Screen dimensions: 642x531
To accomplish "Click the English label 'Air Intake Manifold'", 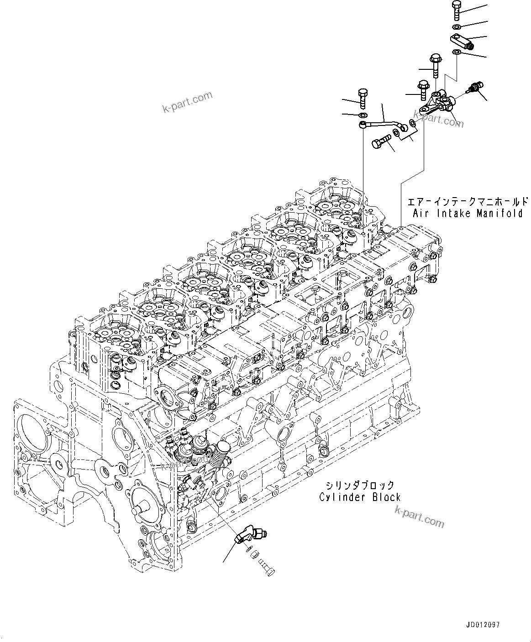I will (468, 213).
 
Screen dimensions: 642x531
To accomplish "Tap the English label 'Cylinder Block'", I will (360, 497).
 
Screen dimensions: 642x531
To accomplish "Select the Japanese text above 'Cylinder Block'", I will (360, 485).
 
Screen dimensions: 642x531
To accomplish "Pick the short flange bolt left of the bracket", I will (423, 89).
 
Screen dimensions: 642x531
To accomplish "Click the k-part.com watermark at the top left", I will (187, 102).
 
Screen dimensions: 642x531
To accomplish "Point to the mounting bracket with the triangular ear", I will (436, 104).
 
